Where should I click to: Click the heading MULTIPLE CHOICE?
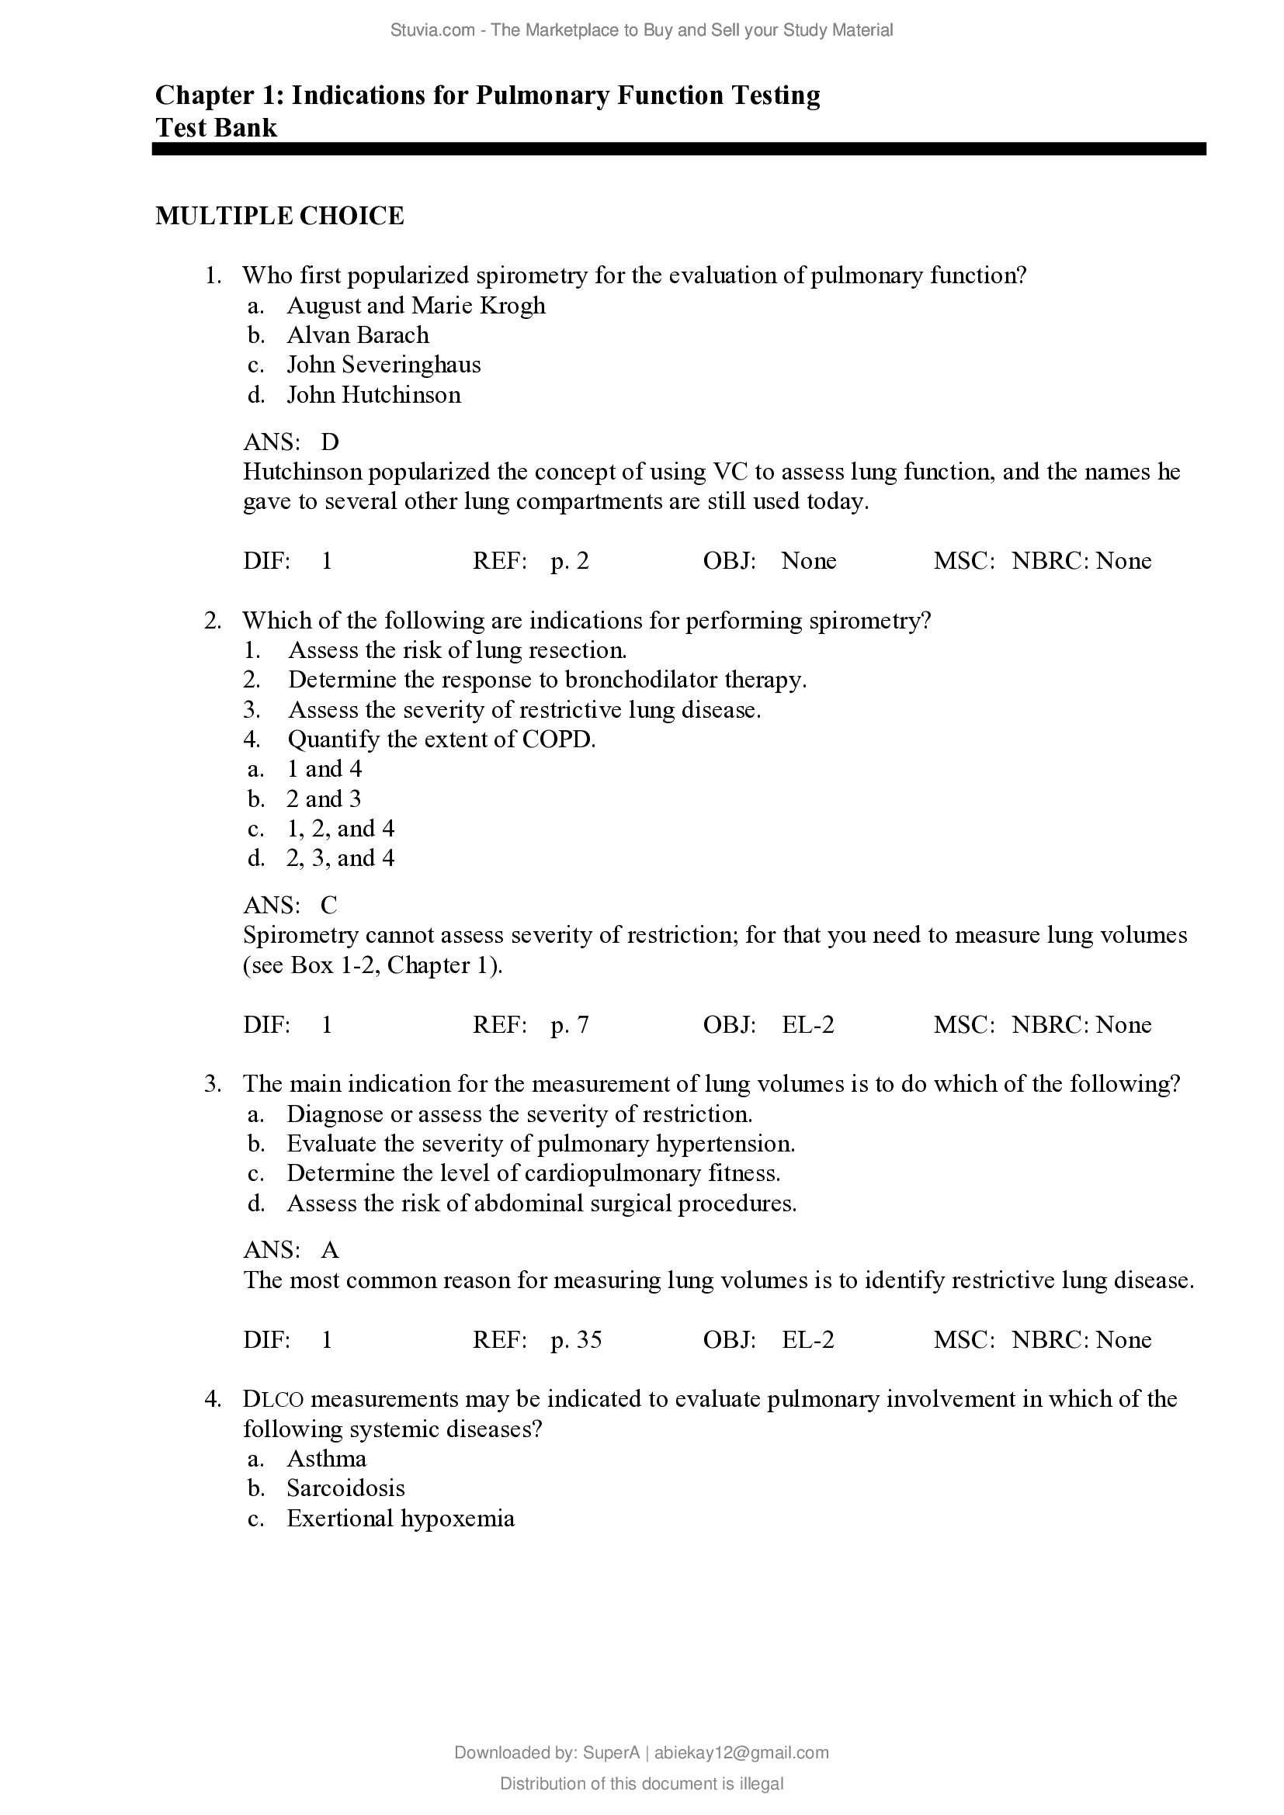point(279,216)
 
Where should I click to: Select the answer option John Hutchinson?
point(373,394)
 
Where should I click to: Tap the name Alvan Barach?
point(357,335)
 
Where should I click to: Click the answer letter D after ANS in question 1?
point(330,442)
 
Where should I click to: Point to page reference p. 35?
point(575,1339)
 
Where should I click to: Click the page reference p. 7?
point(569,1024)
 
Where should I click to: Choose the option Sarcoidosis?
point(345,1488)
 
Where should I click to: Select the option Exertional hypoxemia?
point(400,1519)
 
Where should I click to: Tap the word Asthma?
point(327,1459)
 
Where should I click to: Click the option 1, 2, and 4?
point(340,829)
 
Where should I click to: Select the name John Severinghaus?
point(383,365)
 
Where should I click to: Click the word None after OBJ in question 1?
point(809,560)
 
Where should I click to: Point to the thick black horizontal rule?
point(678,149)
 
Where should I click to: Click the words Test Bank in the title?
point(216,127)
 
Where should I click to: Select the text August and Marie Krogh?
point(416,305)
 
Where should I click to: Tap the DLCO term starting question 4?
point(272,1399)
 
